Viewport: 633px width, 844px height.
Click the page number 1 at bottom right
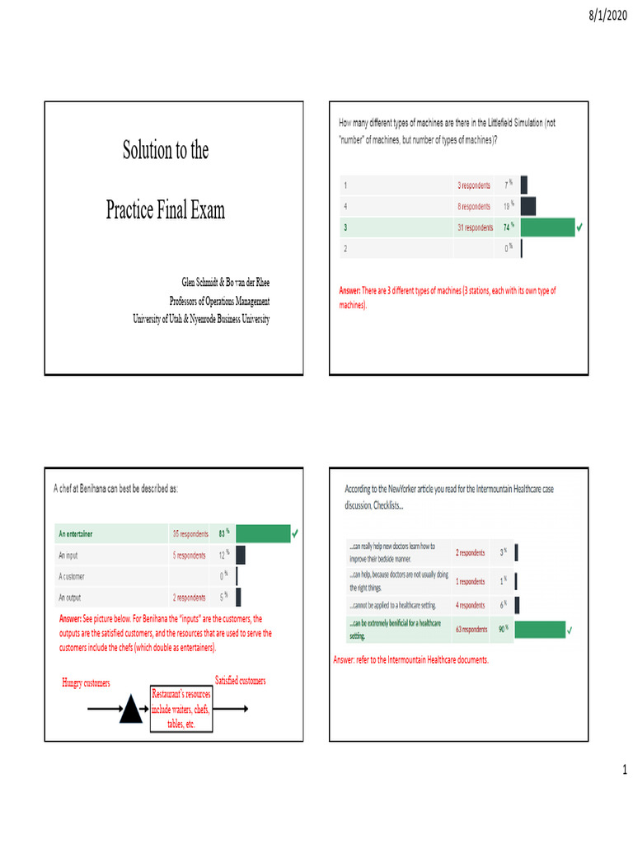[x=625, y=770]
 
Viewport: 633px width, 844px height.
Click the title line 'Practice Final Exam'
[x=165, y=210]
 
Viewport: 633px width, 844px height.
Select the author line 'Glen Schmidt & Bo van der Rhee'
[x=225, y=283]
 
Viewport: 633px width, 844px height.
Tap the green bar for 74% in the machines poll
[x=547, y=227]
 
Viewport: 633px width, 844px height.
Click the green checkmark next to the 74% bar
[x=580, y=227]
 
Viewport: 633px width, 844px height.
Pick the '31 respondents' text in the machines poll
[x=474, y=227]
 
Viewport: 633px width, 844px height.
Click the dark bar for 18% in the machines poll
[x=527, y=206]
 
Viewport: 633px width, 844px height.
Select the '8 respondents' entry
[x=474, y=206]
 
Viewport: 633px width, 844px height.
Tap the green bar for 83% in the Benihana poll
[x=262, y=534]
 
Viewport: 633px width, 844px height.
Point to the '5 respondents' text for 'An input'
[x=189, y=555]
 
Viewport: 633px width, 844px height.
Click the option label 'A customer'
[x=77, y=576]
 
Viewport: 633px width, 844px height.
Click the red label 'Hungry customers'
[x=86, y=683]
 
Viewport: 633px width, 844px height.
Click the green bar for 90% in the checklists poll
[x=540, y=631]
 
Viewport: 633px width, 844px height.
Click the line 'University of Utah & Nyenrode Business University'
[x=201, y=319]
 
